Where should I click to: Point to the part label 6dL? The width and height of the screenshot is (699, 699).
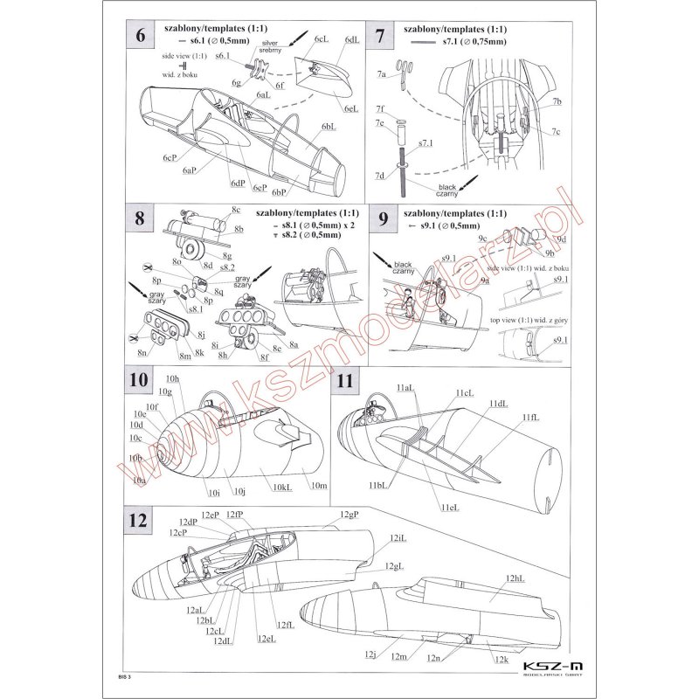click(x=351, y=40)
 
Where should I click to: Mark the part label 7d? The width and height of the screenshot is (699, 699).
click(x=380, y=176)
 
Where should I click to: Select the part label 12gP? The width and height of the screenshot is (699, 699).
click(x=349, y=514)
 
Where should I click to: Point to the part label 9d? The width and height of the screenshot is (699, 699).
click(x=562, y=239)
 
